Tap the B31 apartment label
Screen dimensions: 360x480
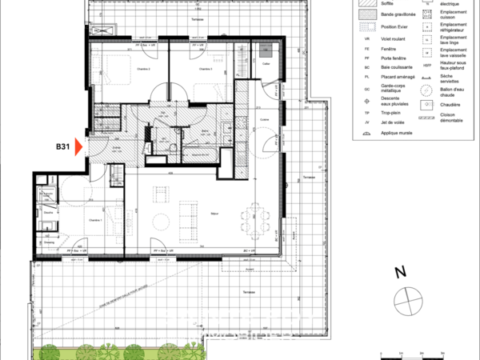click(x=64, y=146)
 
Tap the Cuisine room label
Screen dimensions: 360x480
click(x=264, y=120)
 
